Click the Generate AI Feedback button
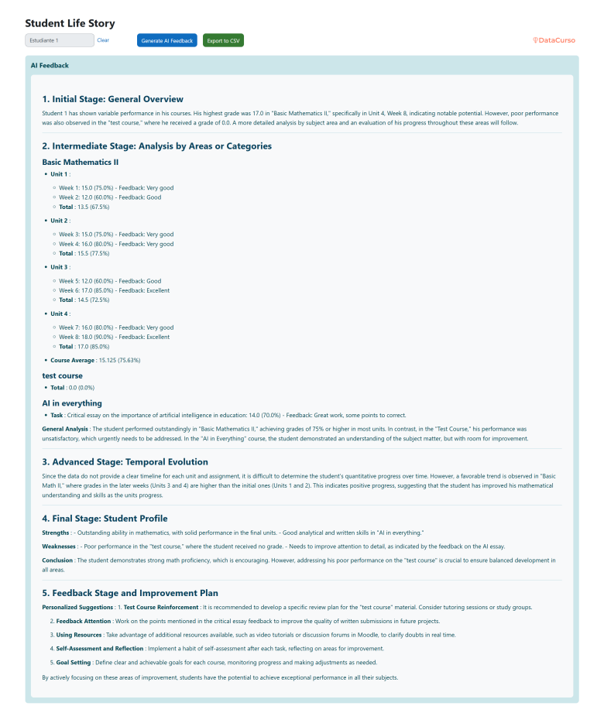[167, 40]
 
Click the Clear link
[103, 40]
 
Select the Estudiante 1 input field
[60, 40]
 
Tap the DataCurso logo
[554, 40]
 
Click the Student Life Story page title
[70, 23]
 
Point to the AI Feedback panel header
[50, 66]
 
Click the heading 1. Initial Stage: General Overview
[113, 99]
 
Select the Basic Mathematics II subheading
[80, 162]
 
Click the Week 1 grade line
[116, 188]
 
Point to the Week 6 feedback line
[115, 290]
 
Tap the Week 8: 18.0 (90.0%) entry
[115, 337]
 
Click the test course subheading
[62, 375]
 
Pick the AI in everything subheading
[72, 403]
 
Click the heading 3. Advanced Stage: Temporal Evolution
[125, 462]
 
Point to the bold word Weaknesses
[59, 546]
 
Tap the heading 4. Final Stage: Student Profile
[105, 519]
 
